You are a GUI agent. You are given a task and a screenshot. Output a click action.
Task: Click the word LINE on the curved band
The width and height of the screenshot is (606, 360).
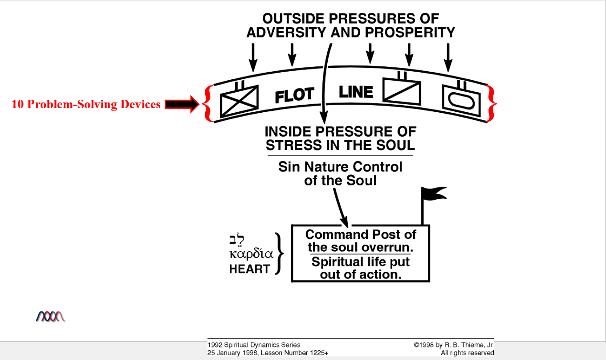coord(356,92)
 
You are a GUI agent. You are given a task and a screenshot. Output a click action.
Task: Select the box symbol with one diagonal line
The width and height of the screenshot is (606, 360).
coord(402,93)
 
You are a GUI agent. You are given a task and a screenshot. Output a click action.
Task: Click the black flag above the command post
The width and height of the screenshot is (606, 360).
coord(433,195)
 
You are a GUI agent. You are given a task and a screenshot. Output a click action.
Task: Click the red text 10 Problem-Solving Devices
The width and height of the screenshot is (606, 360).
coord(85,104)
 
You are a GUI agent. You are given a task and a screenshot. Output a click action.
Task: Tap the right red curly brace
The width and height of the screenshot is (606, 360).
coord(492,103)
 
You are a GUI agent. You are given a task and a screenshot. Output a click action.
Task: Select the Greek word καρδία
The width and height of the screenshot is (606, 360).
coord(251,255)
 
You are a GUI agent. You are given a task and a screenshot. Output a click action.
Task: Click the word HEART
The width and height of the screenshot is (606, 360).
coord(249,269)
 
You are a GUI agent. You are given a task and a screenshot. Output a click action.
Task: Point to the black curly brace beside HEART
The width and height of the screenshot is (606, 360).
coord(280,253)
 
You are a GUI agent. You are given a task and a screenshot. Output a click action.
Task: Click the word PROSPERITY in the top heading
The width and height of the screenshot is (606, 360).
coord(410,33)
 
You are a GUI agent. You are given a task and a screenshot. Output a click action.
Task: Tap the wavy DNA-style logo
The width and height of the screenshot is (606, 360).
coord(50,316)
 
